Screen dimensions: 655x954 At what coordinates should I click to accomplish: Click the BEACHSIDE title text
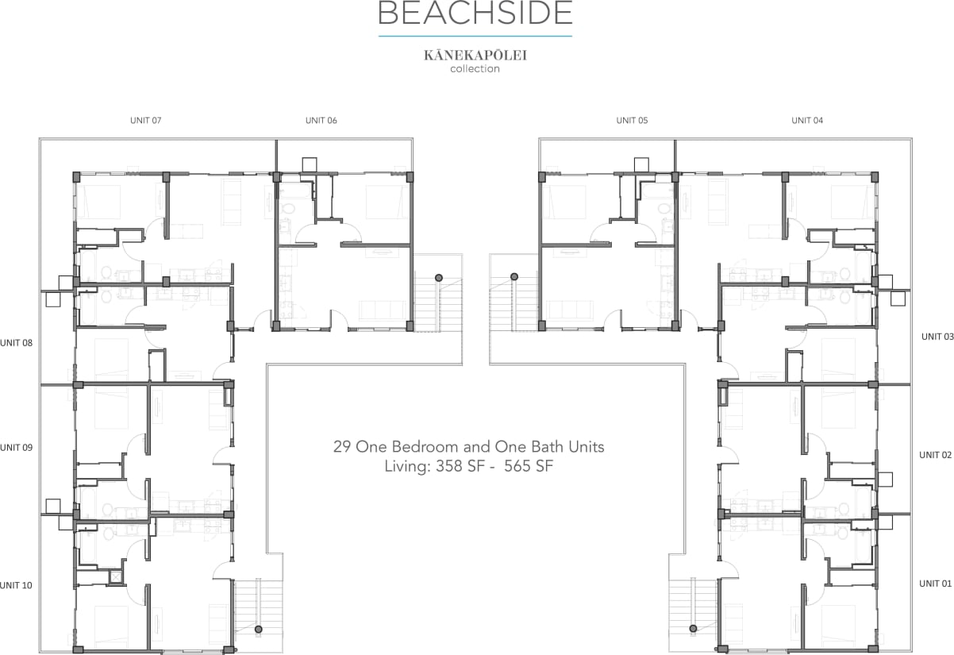coord(475,13)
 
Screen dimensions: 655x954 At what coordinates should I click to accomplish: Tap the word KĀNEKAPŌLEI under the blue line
coord(475,56)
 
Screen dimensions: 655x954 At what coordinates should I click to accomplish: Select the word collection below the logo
coord(475,69)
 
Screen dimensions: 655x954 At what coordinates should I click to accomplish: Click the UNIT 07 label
coord(146,121)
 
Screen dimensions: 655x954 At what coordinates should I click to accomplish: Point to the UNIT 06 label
coord(321,121)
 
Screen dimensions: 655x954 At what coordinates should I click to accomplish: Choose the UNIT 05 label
coord(632,121)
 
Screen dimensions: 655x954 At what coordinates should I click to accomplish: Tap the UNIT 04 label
coord(807,121)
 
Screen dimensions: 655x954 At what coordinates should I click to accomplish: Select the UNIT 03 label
coord(937,337)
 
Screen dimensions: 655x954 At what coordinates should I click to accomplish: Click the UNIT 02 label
coord(935,455)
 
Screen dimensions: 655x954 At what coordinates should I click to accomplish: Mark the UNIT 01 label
coord(935,584)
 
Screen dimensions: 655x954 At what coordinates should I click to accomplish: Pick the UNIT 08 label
coord(17,343)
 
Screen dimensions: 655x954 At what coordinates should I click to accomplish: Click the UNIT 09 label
coord(17,448)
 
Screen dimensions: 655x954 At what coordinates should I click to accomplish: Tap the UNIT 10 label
coord(17,586)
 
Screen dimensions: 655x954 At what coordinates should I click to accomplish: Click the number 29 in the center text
coord(341,447)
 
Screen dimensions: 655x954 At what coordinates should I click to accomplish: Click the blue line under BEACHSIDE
coord(475,37)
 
